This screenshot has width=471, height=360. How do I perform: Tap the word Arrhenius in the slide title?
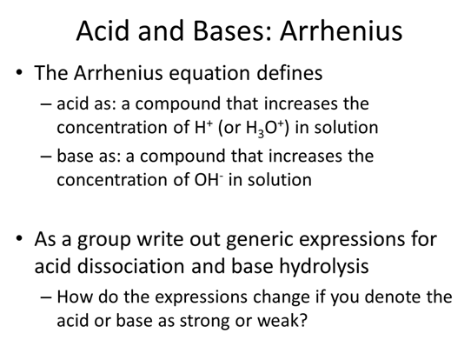click(x=341, y=30)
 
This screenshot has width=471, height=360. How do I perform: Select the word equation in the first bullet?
click(x=209, y=73)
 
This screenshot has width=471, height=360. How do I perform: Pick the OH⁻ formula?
click(x=209, y=179)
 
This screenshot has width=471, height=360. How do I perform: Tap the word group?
click(x=104, y=241)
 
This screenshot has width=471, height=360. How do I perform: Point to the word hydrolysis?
click(x=324, y=267)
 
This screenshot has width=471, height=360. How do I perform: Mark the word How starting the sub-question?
click(x=75, y=297)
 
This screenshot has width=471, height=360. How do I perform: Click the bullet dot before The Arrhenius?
click(x=19, y=73)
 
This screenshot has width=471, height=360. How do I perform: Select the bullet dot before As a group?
click(x=19, y=239)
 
